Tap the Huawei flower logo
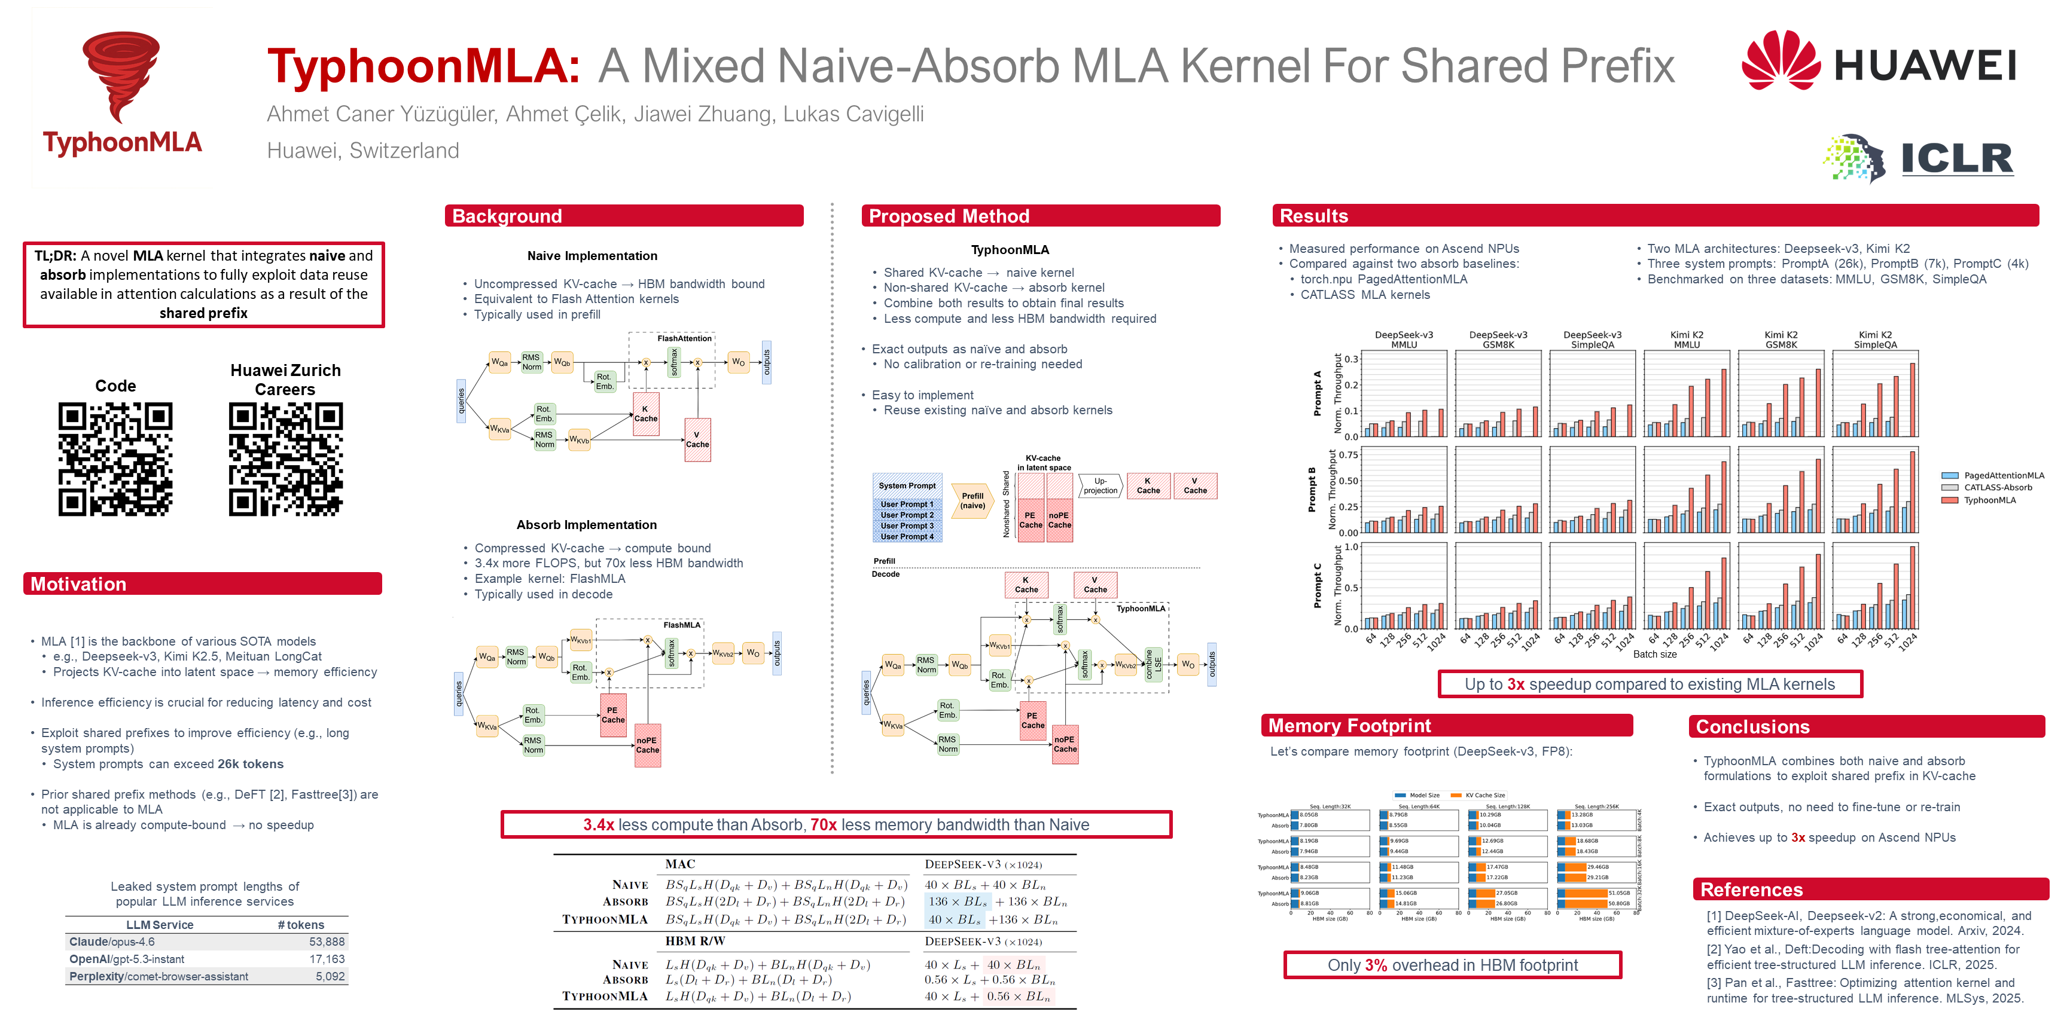click(x=1780, y=61)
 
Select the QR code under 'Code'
click(x=115, y=459)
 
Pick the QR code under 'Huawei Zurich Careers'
click(x=286, y=459)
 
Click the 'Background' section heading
click(x=507, y=216)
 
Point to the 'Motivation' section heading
click(x=78, y=584)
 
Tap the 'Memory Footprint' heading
click(x=1350, y=726)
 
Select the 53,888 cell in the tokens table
click(x=327, y=942)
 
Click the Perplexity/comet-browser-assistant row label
click(x=159, y=976)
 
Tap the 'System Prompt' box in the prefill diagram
click(x=907, y=486)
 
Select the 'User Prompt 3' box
click(x=907, y=526)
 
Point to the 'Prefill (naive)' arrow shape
click(x=972, y=502)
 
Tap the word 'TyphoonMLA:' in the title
click(x=423, y=66)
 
